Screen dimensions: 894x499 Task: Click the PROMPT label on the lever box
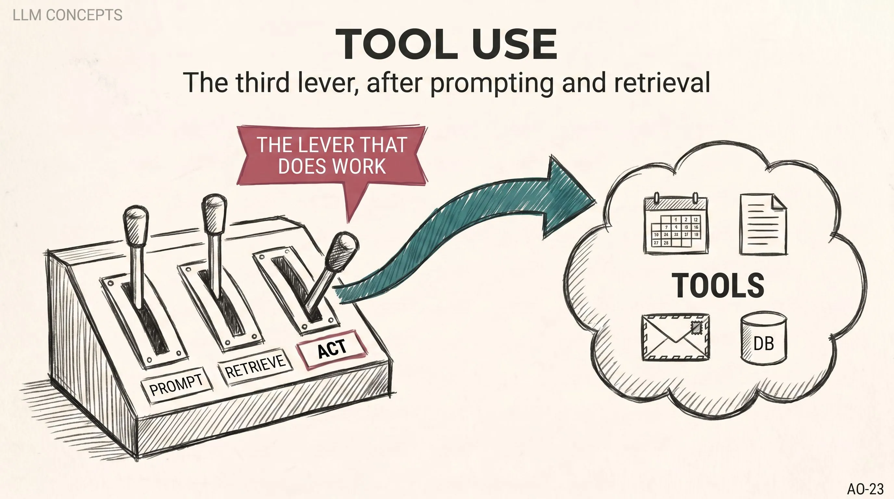tap(177, 385)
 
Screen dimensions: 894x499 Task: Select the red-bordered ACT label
tap(332, 349)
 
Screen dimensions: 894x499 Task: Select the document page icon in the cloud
tap(763, 224)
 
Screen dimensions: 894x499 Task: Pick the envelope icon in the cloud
tap(675, 338)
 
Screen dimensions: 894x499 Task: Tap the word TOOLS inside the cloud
tap(718, 285)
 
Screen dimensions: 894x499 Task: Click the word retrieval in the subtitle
tap(662, 83)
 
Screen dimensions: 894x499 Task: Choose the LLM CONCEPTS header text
tap(67, 15)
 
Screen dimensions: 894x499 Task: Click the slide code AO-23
tap(865, 489)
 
